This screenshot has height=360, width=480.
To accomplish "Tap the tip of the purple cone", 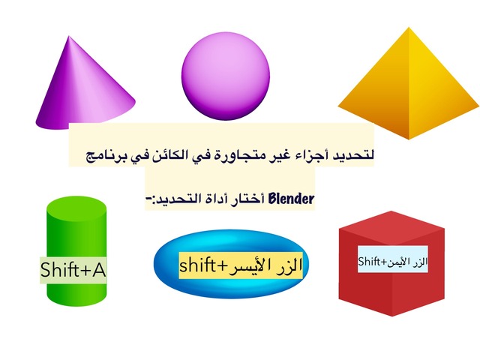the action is (x=69, y=36).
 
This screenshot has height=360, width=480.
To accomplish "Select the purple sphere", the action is (x=226, y=76).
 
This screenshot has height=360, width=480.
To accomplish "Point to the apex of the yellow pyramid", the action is (x=409, y=28).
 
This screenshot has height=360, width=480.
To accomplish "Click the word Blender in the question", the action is (x=291, y=199).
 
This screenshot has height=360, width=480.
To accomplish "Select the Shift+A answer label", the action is (x=73, y=270).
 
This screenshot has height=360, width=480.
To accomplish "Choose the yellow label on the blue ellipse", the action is (x=241, y=265).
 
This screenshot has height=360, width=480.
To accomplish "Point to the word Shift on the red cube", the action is (x=369, y=262).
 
